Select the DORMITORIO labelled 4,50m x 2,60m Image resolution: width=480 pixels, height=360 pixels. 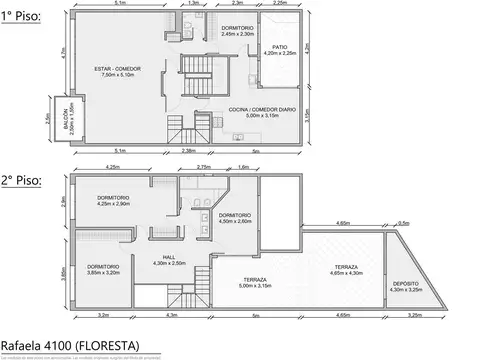(235, 215)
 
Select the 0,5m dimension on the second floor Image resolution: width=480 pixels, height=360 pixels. (403, 224)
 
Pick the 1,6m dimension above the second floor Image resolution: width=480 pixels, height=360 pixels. (244, 167)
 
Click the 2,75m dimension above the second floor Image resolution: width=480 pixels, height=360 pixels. (203, 167)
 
